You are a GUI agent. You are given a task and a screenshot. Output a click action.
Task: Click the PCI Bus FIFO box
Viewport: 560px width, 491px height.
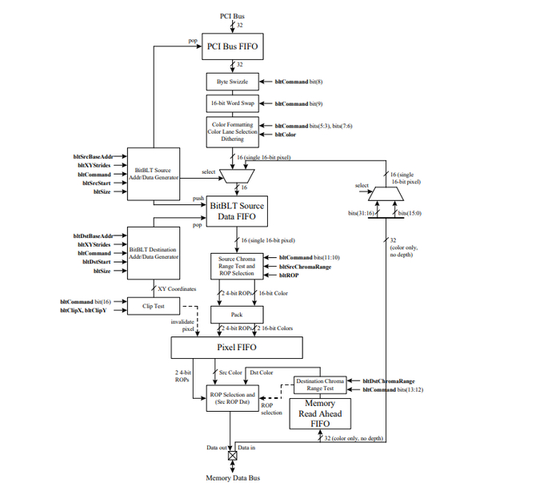(233, 46)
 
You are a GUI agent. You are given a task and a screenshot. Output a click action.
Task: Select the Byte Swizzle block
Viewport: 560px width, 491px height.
(233, 82)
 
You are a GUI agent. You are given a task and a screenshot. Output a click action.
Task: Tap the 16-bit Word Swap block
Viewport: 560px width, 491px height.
(233, 103)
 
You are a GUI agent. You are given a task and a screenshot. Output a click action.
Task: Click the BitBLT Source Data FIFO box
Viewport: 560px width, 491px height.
(237, 211)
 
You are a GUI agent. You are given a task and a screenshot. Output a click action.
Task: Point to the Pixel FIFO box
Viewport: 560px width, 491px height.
(237, 348)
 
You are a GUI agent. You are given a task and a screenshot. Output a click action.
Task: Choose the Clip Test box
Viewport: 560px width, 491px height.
(154, 306)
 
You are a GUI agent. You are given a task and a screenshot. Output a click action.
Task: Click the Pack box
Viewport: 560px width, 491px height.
(237, 315)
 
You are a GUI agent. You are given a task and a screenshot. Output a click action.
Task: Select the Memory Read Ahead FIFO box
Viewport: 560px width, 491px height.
(320, 414)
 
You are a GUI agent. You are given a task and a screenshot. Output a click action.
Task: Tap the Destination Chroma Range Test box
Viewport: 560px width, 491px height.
(320, 384)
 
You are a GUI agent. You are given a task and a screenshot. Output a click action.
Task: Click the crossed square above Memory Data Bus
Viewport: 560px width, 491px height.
(233, 456)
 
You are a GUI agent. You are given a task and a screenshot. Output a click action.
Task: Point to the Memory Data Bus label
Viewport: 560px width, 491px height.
(233, 478)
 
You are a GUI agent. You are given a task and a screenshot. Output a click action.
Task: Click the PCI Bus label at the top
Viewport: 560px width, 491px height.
(232, 16)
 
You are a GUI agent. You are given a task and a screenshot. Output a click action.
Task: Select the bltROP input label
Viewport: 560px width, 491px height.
(289, 276)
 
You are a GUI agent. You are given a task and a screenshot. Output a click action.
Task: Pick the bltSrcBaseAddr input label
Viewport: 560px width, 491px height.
(94, 157)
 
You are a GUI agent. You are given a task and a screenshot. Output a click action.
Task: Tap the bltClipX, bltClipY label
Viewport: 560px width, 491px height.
(83, 311)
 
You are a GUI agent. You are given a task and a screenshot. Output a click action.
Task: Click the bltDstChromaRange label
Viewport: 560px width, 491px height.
(389, 381)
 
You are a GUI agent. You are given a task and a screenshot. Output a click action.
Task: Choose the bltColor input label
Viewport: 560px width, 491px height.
(286, 135)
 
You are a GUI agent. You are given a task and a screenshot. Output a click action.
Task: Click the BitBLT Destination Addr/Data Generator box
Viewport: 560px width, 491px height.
(154, 253)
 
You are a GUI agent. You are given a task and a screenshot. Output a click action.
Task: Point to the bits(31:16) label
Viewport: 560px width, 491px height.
(361, 213)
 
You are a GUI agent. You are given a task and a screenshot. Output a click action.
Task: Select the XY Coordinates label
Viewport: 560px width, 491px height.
(177, 289)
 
